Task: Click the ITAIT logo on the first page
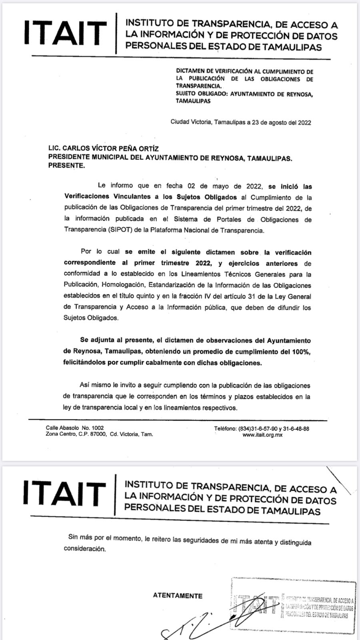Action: [x=65, y=33]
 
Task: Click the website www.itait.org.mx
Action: [x=262, y=435]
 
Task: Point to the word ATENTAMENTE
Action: [x=178, y=596]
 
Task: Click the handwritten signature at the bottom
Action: [x=208, y=624]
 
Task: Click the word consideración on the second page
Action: [x=85, y=549]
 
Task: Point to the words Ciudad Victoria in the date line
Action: [x=191, y=122]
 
